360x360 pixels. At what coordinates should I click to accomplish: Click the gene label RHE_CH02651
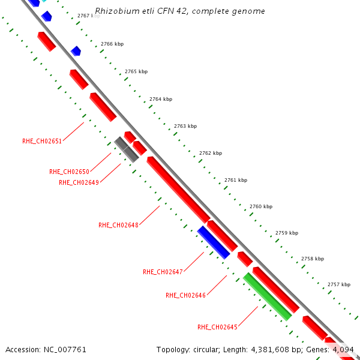click(x=42, y=141)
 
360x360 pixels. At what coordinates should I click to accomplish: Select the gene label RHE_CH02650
click(x=69, y=172)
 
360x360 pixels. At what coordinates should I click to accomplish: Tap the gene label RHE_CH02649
click(x=79, y=182)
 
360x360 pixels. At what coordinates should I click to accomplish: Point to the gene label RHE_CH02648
click(x=118, y=225)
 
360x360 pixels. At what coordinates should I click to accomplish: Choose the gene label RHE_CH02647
click(x=163, y=272)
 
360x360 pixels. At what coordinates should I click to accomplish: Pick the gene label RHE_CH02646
click(x=185, y=295)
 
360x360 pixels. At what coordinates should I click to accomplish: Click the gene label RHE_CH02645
click(x=217, y=327)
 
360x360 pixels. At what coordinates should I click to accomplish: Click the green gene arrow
click(x=268, y=296)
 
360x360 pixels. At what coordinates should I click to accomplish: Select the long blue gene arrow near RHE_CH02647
click(x=214, y=242)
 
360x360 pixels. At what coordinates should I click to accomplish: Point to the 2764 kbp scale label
click(x=161, y=99)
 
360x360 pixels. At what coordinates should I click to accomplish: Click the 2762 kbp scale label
click(x=211, y=153)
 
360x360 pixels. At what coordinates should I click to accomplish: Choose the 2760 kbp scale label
click(x=261, y=206)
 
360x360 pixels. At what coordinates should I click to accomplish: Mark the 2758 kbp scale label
click(x=313, y=259)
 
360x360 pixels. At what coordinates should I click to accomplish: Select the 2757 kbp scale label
click(x=338, y=284)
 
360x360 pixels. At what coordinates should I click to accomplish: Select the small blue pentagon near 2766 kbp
click(x=76, y=51)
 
